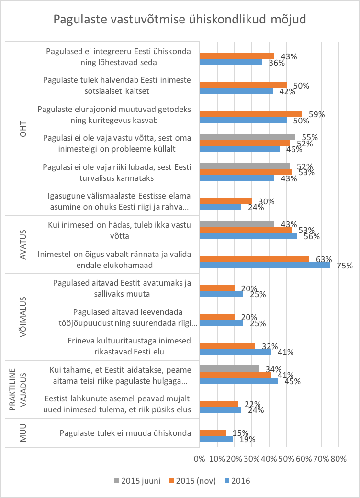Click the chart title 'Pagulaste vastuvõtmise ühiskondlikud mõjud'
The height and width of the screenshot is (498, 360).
[x=180, y=20]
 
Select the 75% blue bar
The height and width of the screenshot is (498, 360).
[x=265, y=265]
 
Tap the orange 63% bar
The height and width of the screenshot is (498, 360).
[x=254, y=259]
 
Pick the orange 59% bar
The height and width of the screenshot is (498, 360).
[x=251, y=114]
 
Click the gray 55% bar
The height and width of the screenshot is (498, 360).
[x=247, y=137]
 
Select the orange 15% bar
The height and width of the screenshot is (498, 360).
[x=213, y=433]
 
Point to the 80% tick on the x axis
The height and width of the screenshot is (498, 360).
[x=338, y=459]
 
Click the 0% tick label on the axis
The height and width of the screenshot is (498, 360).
[x=200, y=459]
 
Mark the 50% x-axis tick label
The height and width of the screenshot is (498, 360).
[x=286, y=459]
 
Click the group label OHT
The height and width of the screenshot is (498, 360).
[x=22, y=128]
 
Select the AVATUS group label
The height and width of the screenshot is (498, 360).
[x=22, y=243]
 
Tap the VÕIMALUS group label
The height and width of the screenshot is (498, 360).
[x=22, y=316]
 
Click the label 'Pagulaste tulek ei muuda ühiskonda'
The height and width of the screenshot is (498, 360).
[x=126, y=433]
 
